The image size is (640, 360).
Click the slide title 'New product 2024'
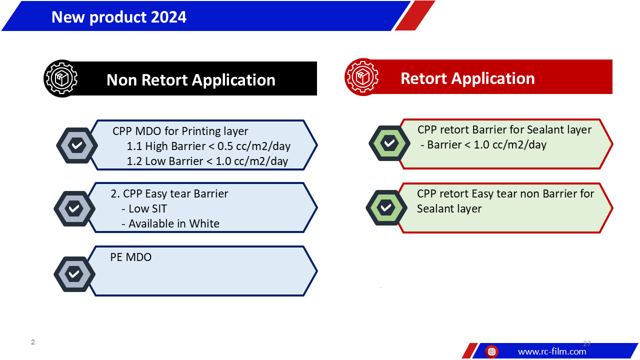[x=119, y=17]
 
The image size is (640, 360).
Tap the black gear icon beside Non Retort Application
[x=61, y=78]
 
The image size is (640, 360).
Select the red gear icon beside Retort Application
[x=362, y=77]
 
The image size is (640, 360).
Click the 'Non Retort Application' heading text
[x=191, y=79]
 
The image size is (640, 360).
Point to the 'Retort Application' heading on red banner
[x=467, y=78]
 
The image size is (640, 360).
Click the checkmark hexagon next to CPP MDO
[x=77, y=145]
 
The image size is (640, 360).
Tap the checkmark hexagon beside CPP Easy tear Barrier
[x=74, y=208]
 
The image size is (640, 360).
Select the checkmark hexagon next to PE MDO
[x=74, y=274]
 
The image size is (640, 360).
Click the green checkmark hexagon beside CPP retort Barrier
[x=389, y=143]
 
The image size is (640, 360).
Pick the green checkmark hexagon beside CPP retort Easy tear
[x=386, y=207]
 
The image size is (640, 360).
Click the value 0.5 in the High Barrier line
[x=225, y=146]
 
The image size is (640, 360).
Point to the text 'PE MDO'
[x=131, y=257]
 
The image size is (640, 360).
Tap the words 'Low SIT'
[x=147, y=209]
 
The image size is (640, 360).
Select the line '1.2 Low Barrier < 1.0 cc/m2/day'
[x=207, y=161]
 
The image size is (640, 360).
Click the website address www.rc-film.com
[x=552, y=351]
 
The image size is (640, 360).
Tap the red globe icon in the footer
[x=491, y=351]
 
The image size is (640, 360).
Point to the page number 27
[x=587, y=343]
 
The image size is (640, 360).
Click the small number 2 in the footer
[x=33, y=342]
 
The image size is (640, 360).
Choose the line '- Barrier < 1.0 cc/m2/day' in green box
[x=483, y=145]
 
